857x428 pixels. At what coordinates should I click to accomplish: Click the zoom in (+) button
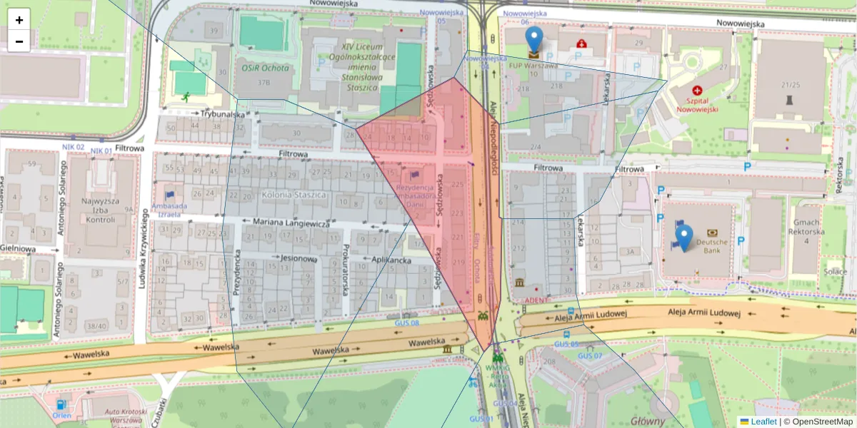tap(19, 20)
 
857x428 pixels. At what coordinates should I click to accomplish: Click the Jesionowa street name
tap(299, 258)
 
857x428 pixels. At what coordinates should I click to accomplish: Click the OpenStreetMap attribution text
tap(821, 422)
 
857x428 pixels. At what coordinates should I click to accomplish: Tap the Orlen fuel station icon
tap(60, 405)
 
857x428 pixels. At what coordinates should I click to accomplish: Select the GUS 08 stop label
tap(406, 323)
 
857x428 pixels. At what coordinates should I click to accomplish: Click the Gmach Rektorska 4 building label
tap(806, 231)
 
